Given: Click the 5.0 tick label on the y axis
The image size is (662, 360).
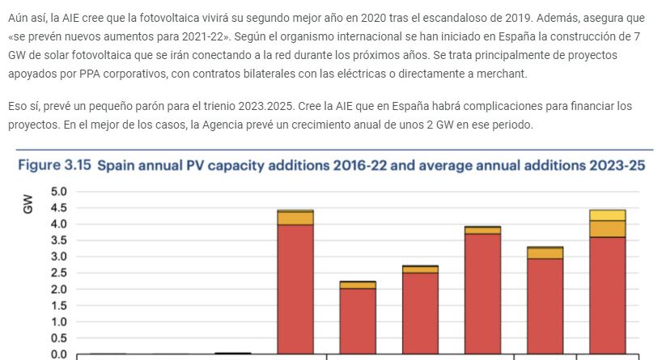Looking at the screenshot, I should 58,192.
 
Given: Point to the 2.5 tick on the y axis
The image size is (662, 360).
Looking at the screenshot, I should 58,273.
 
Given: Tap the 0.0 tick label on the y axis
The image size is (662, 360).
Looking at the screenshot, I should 58,354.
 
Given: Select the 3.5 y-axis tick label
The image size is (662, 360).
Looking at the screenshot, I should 58,240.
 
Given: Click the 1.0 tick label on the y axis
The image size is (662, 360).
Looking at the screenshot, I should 58,322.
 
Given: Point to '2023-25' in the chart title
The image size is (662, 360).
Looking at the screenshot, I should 616,165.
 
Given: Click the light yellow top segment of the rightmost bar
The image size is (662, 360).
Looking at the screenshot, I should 607,215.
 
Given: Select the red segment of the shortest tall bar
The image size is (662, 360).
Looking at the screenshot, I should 357,321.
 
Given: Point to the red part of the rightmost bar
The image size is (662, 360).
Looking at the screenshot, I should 607,295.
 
